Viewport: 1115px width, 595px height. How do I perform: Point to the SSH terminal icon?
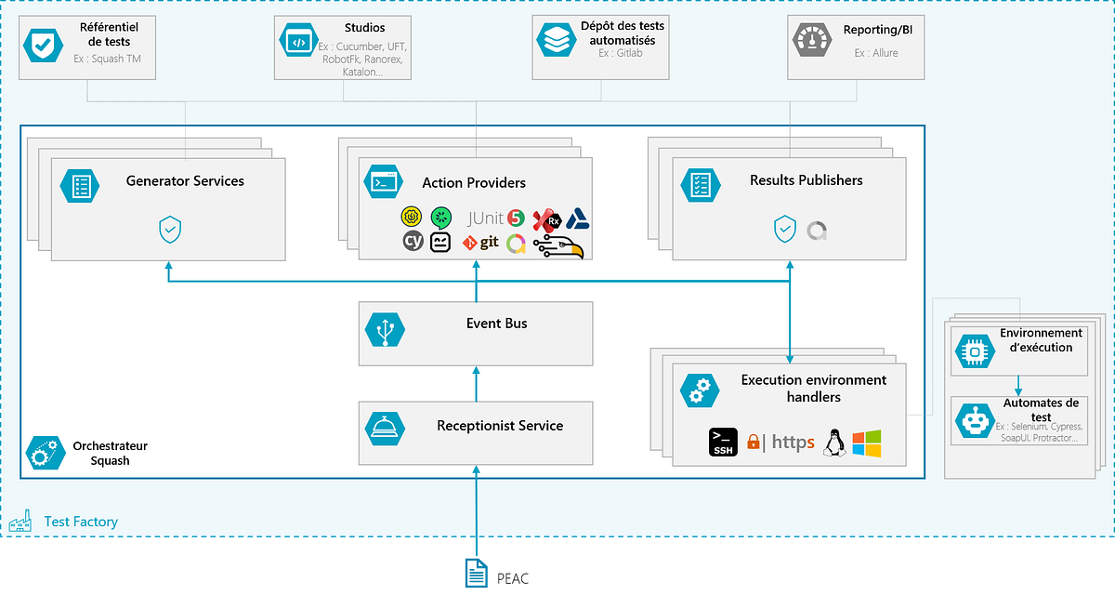coord(723,443)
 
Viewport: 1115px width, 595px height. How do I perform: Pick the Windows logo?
coord(866,443)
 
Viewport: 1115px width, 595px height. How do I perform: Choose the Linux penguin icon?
coord(834,443)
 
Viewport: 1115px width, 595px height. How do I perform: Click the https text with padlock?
coord(780,443)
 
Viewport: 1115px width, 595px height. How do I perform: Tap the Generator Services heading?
coord(185,181)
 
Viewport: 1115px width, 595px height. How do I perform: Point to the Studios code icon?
coord(297,42)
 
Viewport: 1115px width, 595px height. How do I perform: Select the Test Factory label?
coord(81,522)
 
